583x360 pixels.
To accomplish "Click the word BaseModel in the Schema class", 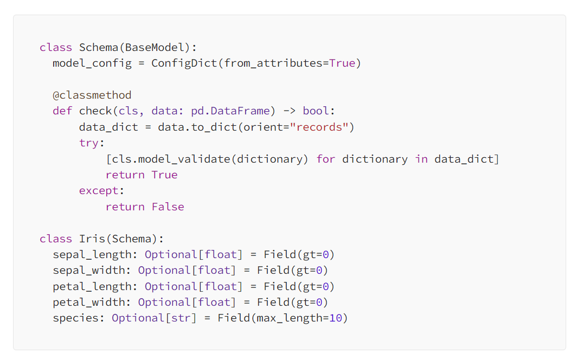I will (152, 47).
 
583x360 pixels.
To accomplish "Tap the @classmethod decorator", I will (92, 95).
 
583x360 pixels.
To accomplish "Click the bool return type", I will (316, 111).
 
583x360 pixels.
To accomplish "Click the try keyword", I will (89, 143).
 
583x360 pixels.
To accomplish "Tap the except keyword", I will (99, 190).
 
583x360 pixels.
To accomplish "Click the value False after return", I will (168, 207).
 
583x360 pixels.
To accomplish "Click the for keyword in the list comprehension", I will (326, 159).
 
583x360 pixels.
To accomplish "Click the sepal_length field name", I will (92, 254).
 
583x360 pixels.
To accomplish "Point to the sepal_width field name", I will (89, 270).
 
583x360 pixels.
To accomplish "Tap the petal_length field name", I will (92, 286).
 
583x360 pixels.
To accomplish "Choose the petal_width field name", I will (89, 302).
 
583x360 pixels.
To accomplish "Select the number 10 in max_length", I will (336, 318).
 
